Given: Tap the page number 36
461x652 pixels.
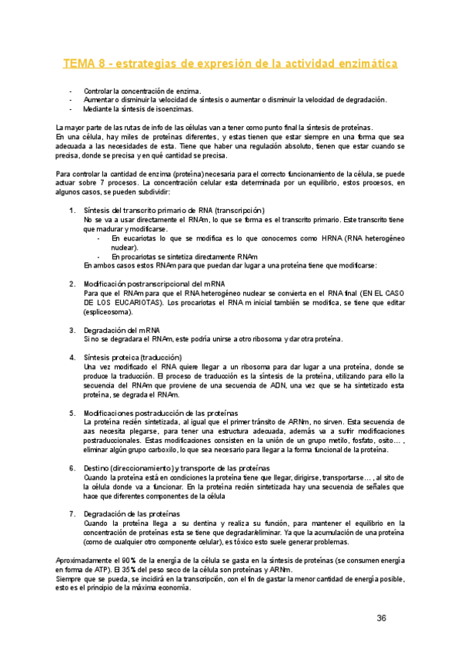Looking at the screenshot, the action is [x=382, y=617].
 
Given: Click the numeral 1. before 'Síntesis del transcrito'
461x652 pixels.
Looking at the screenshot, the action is [x=72, y=210].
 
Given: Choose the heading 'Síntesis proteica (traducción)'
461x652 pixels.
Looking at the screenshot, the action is [x=132, y=358].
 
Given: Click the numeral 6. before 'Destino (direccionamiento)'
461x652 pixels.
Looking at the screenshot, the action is [x=72, y=468].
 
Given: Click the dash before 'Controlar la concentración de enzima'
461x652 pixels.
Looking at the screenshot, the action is [x=72, y=90].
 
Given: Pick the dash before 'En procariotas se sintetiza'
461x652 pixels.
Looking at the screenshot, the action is [x=99, y=256].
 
